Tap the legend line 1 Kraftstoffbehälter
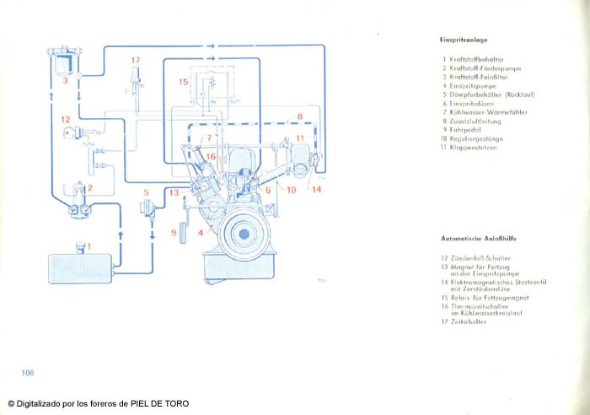click(472, 60)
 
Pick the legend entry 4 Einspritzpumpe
click(468, 85)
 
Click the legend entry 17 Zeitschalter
click(466, 321)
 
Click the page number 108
click(28, 372)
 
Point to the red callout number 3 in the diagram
click(64, 81)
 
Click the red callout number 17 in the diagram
click(135, 60)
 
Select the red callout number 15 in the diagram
click(183, 82)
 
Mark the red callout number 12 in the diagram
click(64, 120)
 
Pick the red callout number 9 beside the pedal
click(173, 232)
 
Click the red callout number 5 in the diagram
click(145, 192)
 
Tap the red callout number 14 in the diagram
click(316, 190)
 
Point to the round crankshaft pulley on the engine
click(243, 230)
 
